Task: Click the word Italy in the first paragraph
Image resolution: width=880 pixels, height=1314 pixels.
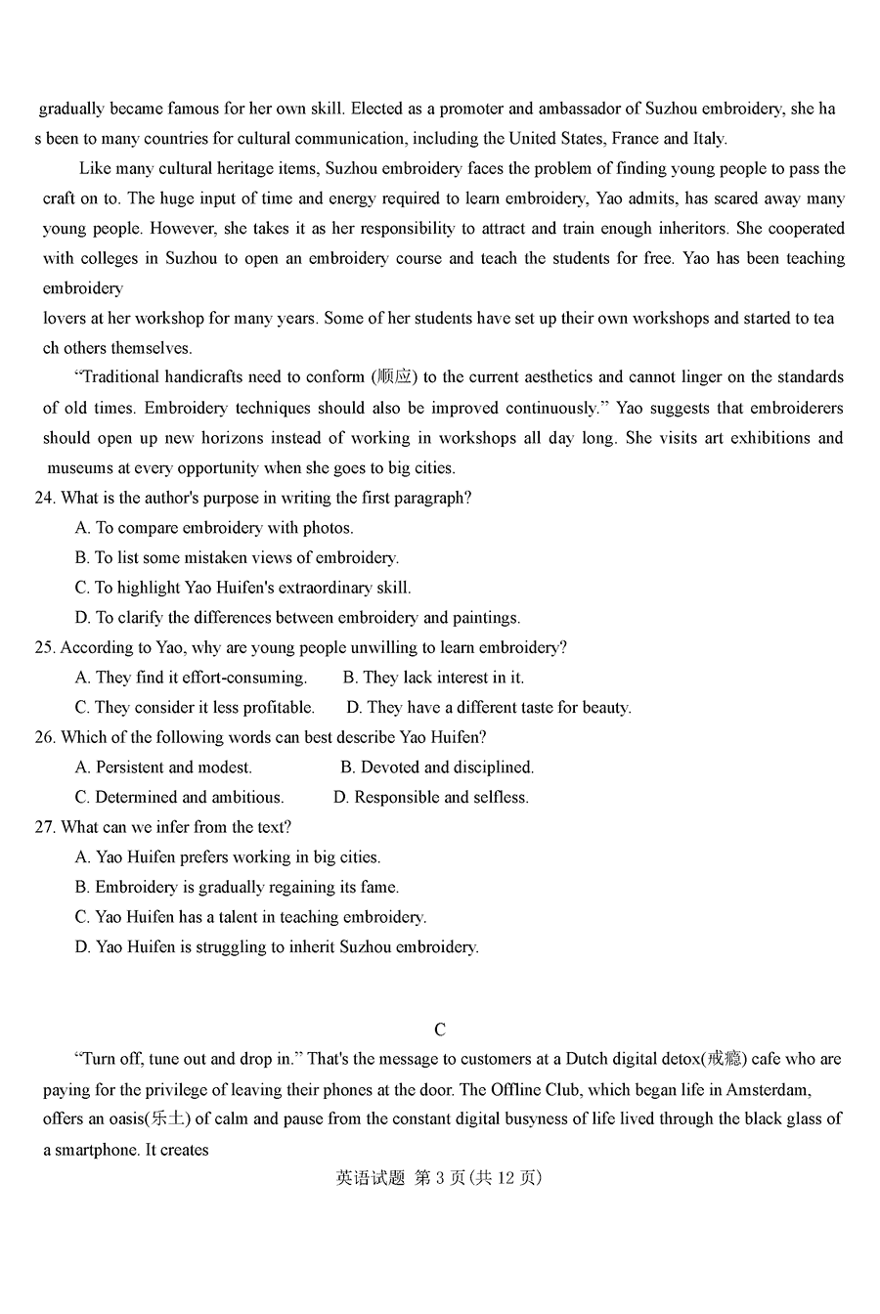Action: (708, 139)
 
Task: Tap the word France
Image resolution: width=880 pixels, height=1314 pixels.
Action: (636, 139)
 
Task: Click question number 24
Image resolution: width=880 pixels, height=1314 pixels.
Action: (44, 498)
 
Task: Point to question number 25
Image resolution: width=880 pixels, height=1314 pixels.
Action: (44, 647)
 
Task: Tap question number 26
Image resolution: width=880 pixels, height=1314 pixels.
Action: (44, 737)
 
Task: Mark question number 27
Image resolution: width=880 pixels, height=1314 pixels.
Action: (44, 827)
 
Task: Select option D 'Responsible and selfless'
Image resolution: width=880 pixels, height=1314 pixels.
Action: (431, 798)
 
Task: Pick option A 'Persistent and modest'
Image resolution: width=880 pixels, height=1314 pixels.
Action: (163, 767)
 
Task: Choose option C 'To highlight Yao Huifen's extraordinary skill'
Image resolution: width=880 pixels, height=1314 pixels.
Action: (242, 588)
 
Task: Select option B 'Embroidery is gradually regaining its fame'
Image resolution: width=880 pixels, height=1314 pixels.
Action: (237, 888)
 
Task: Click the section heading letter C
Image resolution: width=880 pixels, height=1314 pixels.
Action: (440, 1029)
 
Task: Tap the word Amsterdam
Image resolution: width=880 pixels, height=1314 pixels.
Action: (765, 1089)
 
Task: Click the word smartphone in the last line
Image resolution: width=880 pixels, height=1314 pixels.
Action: (95, 1150)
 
